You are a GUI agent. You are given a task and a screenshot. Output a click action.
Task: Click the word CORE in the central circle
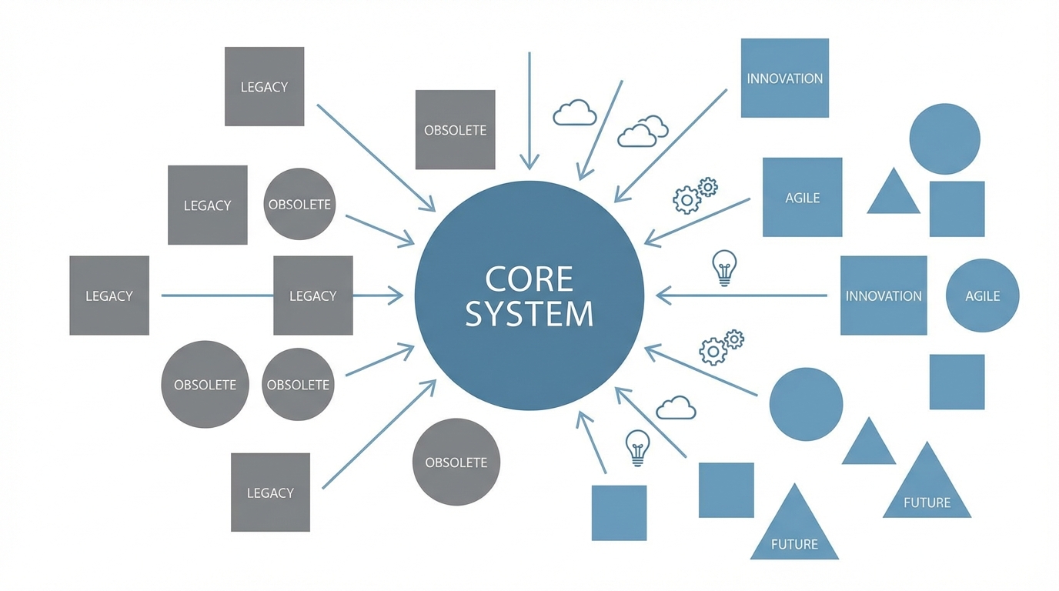(x=529, y=279)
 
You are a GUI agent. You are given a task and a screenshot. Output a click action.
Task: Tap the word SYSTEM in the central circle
(x=529, y=314)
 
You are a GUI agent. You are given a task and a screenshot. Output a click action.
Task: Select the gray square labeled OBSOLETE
(x=455, y=129)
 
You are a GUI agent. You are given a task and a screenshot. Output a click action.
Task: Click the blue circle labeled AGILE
(x=982, y=295)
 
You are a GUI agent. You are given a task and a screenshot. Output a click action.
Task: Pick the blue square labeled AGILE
(x=802, y=197)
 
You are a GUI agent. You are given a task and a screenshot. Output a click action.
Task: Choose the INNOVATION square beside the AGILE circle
(x=883, y=295)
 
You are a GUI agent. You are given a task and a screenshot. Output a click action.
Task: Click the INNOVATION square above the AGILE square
(x=784, y=78)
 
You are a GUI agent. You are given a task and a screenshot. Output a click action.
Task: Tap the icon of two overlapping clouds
(x=643, y=132)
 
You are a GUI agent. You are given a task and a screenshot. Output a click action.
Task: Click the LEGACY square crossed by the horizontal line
(x=312, y=295)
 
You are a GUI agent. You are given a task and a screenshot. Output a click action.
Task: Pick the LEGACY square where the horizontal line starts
(x=109, y=295)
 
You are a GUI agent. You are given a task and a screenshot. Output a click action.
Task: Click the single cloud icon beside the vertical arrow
(x=574, y=113)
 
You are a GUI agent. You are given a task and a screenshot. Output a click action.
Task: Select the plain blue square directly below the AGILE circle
(x=957, y=382)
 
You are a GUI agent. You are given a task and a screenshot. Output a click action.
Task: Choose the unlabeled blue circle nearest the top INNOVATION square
(x=944, y=139)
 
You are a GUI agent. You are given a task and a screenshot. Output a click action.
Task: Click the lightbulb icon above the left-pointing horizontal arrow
(x=723, y=268)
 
